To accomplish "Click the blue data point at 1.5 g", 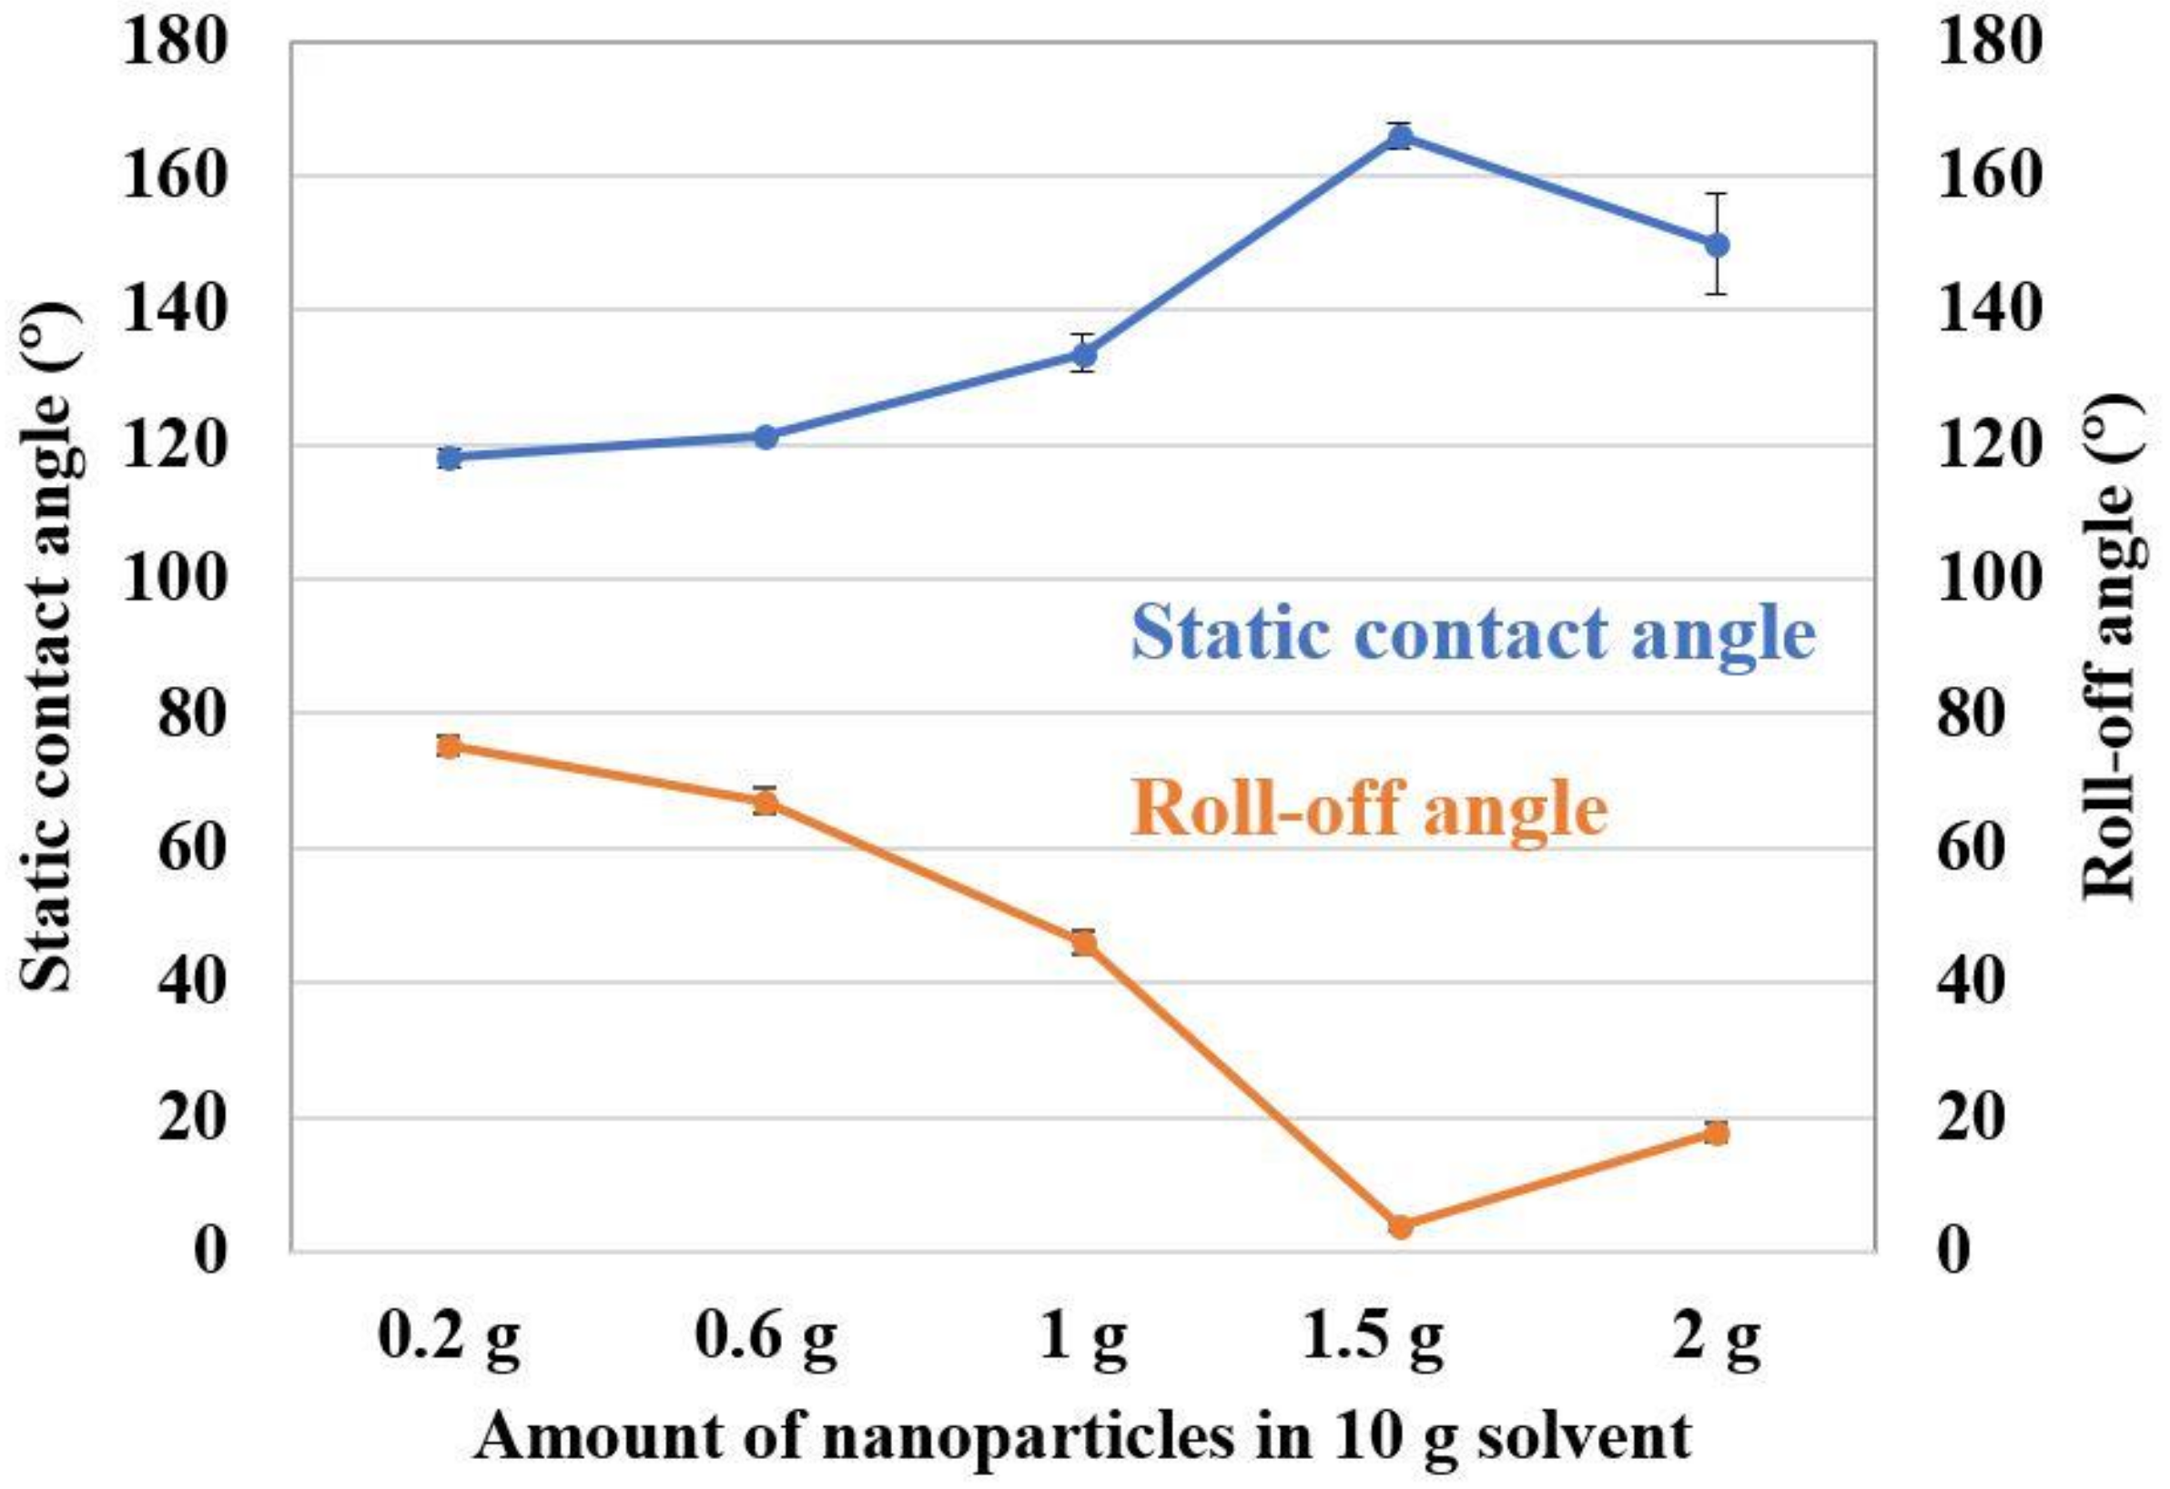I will [x=1400, y=138].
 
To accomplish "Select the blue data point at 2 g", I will [x=1717, y=245].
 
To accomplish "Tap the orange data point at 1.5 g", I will [x=1400, y=1227].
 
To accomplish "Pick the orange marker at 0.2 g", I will [x=449, y=746].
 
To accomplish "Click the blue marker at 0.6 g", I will [x=766, y=436].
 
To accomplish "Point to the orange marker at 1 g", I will [x=1083, y=943].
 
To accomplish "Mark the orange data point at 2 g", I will [x=1717, y=1132].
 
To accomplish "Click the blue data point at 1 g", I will [x=1083, y=355].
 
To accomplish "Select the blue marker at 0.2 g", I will [x=449, y=458].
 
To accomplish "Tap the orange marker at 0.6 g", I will [x=766, y=802].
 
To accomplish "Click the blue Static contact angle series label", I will [x=1473, y=633].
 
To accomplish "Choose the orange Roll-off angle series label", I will [x=1369, y=809].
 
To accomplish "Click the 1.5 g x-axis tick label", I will [x=1373, y=1342].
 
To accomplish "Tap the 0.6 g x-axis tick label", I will [x=766, y=1342].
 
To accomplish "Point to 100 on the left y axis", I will [x=175, y=580].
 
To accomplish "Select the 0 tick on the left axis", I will [x=211, y=1250].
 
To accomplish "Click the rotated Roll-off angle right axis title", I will [x=2113, y=648].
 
